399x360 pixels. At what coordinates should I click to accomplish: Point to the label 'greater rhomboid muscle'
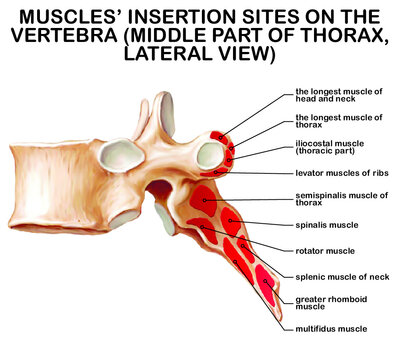327,303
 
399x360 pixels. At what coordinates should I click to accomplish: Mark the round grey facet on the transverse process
210,155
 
